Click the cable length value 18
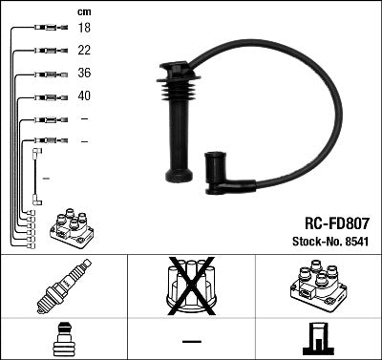pyautogui.click(x=84, y=29)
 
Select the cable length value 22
pyautogui.click(x=84, y=51)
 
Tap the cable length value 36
pyautogui.click(x=84, y=74)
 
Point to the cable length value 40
pyautogui.click(x=84, y=96)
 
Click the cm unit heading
pyautogui.click(x=84, y=11)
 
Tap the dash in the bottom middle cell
pyautogui.click(x=191, y=341)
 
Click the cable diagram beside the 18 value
pyautogui.click(x=46, y=29)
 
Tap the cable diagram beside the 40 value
pyautogui.click(x=46, y=96)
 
